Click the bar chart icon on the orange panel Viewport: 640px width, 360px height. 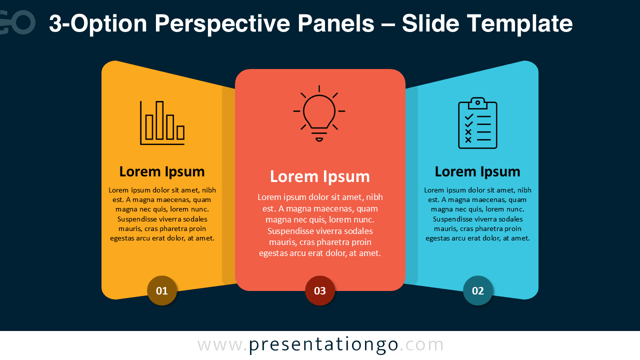[x=162, y=123]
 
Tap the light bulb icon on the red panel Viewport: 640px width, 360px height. [x=319, y=114]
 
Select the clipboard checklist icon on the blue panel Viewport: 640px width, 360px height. [x=477, y=123]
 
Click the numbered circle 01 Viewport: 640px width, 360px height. [x=162, y=290]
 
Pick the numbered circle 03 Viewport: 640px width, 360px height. [x=320, y=290]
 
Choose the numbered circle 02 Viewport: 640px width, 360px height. [x=478, y=290]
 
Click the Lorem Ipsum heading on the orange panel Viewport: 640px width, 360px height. [x=162, y=171]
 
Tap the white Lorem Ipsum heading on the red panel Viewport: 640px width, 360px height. [x=320, y=176]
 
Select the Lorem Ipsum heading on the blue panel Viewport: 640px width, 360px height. [x=477, y=171]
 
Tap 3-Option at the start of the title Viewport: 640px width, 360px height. [x=98, y=23]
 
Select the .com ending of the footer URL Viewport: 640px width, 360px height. [x=422, y=345]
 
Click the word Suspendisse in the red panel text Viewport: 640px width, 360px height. [x=292, y=231]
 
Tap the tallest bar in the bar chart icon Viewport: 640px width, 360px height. [x=159, y=120]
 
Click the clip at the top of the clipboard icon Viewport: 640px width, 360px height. [x=477, y=102]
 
